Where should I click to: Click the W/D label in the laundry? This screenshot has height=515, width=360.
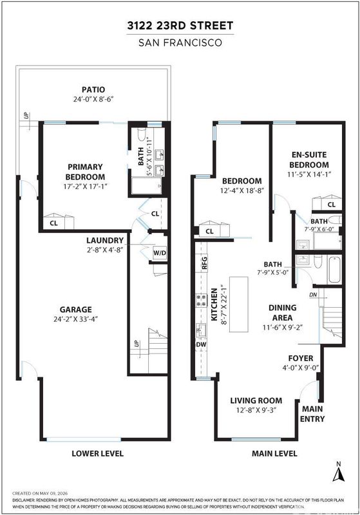[160, 253]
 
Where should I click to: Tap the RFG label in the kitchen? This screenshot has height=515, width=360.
[204, 263]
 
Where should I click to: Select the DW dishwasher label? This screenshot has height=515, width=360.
[201, 344]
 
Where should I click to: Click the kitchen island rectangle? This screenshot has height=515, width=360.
[239, 304]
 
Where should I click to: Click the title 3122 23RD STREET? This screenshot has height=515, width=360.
[180, 26]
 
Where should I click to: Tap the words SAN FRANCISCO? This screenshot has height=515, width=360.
[180, 42]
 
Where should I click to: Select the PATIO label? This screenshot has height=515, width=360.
[93, 89]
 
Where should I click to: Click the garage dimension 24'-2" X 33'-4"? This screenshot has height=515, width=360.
[76, 319]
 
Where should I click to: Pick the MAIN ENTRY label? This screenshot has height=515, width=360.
[312, 414]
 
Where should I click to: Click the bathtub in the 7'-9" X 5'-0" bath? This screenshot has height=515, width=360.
[334, 270]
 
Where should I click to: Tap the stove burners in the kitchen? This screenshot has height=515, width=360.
[202, 300]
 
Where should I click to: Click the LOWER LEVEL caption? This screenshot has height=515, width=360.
[97, 454]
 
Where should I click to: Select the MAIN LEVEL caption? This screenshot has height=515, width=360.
[274, 454]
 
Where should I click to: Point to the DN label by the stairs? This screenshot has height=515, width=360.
[313, 295]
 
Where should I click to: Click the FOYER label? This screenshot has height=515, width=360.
[301, 358]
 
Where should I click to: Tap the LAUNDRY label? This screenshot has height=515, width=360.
[105, 240]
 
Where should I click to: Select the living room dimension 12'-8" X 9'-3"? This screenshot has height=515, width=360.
[256, 410]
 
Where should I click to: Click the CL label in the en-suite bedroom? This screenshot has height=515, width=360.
[332, 205]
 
